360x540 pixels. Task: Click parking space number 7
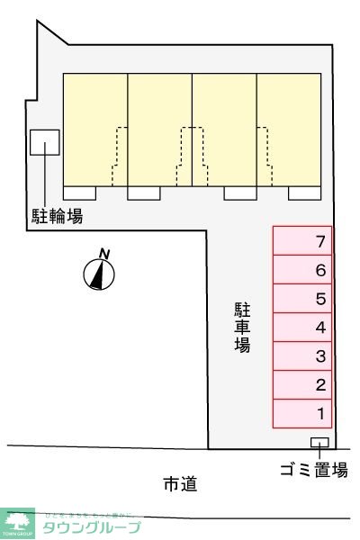(x=302, y=241)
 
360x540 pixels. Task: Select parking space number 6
(x=302, y=270)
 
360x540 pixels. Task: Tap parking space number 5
(x=302, y=299)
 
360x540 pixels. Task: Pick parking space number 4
(x=302, y=328)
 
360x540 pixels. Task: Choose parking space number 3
(x=302, y=356)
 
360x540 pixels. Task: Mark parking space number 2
(x=302, y=385)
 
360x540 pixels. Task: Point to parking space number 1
(x=302, y=414)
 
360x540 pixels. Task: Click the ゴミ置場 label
(x=313, y=469)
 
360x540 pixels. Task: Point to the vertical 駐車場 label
(x=242, y=327)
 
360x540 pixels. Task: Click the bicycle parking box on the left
(x=45, y=143)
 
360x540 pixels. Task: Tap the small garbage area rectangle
(x=319, y=441)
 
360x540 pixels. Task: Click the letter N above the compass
(x=104, y=254)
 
